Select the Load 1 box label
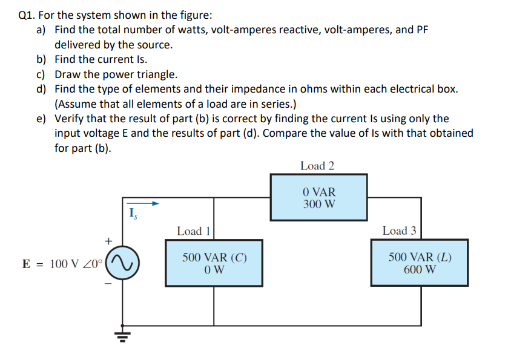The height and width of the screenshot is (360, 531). [193, 231]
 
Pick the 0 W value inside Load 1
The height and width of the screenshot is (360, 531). [214, 269]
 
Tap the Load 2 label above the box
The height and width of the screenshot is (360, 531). [317, 166]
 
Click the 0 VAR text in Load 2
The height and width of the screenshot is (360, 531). [319, 191]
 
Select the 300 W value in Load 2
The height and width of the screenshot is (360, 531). [319, 204]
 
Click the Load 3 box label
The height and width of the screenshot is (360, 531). [399, 231]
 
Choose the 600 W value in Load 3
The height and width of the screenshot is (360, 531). [419, 269]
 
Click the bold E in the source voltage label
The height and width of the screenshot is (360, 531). [26, 264]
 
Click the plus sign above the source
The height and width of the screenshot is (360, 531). [109, 241]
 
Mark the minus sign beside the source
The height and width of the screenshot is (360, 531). [109, 284]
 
